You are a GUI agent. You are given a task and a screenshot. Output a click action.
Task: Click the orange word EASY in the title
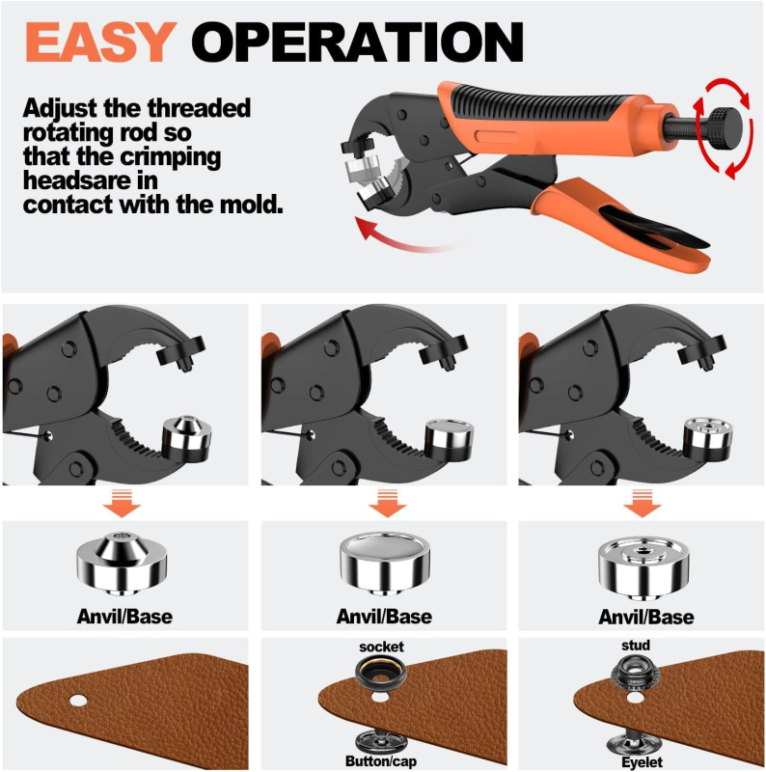click(100, 41)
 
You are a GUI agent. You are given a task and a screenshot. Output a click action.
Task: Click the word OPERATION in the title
click(357, 41)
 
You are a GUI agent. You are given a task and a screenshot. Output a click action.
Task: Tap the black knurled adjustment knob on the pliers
click(725, 129)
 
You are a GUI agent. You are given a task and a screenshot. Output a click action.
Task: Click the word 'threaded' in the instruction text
click(199, 108)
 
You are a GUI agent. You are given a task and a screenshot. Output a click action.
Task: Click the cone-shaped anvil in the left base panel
click(122, 563)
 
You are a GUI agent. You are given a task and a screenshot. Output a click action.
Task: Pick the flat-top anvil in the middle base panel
click(385, 563)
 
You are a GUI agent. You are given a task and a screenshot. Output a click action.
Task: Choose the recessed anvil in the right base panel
click(643, 566)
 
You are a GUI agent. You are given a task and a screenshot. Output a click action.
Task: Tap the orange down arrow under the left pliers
click(122, 503)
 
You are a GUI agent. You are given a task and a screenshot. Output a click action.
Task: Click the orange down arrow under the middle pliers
click(388, 503)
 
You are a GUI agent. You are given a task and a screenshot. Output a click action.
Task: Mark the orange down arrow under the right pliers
click(642, 503)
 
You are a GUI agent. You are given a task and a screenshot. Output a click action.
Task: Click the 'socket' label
click(381, 647)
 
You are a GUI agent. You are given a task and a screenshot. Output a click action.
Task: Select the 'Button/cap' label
click(380, 761)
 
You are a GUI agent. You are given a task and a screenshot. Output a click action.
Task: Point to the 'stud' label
click(636, 645)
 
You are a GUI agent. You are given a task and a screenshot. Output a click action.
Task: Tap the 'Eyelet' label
click(642, 762)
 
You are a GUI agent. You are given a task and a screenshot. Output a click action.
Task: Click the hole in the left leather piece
click(78, 701)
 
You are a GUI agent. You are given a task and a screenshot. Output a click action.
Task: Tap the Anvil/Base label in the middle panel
click(385, 617)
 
